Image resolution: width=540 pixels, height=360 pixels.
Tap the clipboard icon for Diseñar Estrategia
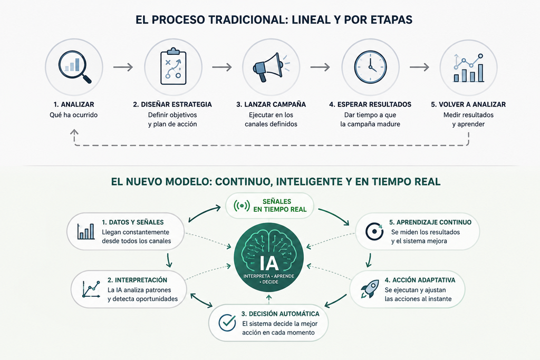pos(173,66)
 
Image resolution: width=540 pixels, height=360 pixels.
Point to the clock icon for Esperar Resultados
pos(371,67)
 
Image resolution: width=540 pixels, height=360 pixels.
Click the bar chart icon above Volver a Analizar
pos(468,68)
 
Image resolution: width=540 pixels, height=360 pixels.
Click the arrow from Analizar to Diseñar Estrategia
pos(123,67)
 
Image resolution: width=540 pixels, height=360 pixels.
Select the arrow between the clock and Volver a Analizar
pos(419,67)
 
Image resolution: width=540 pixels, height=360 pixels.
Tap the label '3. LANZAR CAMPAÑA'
pos(271,104)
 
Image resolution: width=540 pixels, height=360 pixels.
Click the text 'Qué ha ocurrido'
pos(74,115)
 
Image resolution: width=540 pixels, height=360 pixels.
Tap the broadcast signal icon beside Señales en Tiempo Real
pos(242,206)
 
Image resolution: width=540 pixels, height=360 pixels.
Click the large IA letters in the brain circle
pos(269,264)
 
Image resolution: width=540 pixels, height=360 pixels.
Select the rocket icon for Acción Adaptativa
pos(369,289)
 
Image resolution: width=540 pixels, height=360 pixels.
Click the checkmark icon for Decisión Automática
pos(227,323)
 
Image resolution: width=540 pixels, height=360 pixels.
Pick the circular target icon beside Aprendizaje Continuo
pos(374,231)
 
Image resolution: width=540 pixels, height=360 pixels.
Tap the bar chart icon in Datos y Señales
pos(86,231)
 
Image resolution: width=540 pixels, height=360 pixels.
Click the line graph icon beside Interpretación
pos(91,289)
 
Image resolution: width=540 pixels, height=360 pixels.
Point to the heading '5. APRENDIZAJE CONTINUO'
pos(430,222)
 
